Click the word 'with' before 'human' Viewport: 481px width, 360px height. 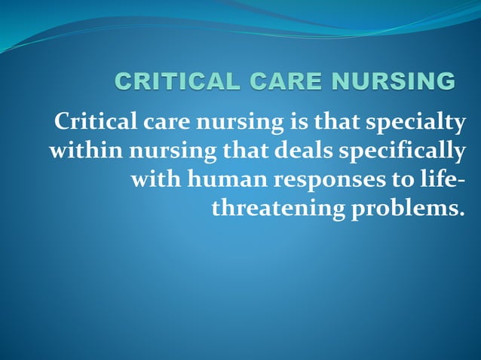[153, 181]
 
